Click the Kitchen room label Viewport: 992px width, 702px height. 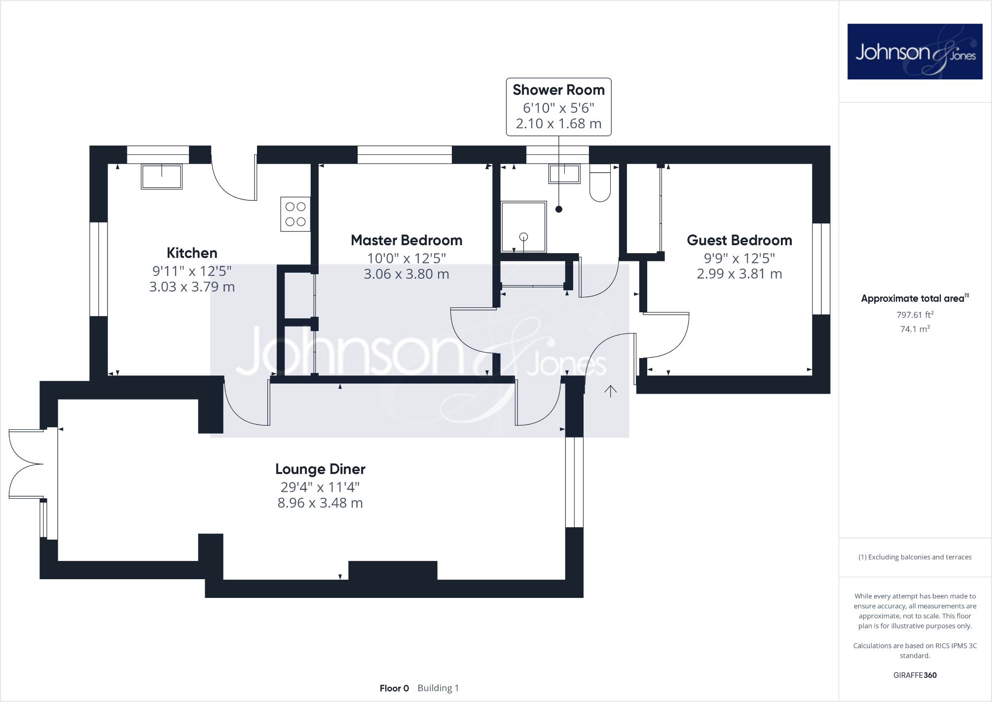click(x=192, y=253)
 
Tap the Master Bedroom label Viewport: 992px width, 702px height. click(x=406, y=240)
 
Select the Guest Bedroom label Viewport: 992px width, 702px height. click(x=739, y=240)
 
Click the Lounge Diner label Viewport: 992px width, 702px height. click(x=320, y=469)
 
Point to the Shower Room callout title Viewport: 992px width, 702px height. click(x=558, y=90)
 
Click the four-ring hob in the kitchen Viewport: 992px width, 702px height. click(x=295, y=214)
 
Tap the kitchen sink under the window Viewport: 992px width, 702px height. click(x=162, y=176)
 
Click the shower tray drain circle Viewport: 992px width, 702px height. click(x=524, y=237)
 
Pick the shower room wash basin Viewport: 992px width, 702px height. click(x=565, y=174)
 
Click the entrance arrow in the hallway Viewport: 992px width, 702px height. click(x=611, y=391)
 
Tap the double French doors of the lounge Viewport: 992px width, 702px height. click(x=26, y=464)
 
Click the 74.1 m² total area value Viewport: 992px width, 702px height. click(x=915, y=329)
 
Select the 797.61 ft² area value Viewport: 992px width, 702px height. click(x=915, y=315)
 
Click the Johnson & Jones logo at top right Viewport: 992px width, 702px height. click(x=915, y=51)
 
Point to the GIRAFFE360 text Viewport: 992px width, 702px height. click(x=915, y=675)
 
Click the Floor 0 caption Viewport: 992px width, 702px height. click(x=394, y=688)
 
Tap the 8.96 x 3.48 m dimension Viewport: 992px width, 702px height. click(x=320, y=503)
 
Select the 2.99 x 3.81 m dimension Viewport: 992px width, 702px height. click(x=739, y=274)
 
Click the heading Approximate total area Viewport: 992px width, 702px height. click(x=913, y=298)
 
